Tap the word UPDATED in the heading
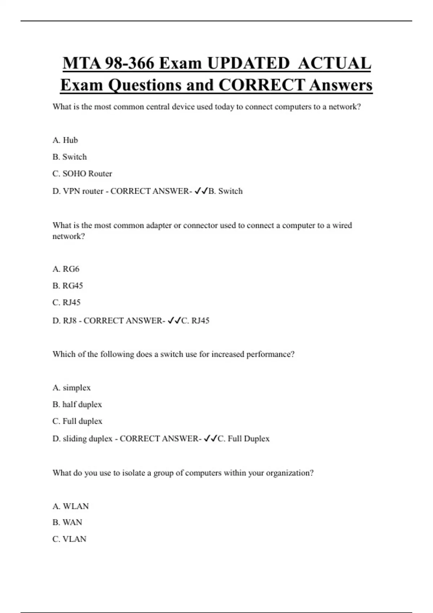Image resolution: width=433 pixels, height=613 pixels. [248, 63]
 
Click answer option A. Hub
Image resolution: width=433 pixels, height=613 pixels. [65, 140]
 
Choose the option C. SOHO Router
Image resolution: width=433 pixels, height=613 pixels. [82, 174]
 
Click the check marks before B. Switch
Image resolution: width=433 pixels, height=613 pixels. [201, 191]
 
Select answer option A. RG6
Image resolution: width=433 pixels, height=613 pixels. [66, 269]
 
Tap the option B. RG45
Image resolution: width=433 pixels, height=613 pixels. [68, 286]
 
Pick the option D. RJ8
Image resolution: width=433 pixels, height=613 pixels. [65, 321]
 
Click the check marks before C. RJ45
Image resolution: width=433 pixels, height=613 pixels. [174, 320]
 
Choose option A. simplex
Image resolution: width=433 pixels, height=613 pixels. [71, 388]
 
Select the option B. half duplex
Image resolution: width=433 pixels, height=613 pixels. [77, 405]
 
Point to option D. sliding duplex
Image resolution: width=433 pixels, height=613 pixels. [82, 439]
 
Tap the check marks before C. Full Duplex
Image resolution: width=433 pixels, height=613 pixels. [210, 438]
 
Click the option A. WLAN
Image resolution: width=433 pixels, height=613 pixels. [71, 506]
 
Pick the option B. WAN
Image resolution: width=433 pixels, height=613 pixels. [67, 522]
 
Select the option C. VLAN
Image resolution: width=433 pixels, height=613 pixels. [70, 539]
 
